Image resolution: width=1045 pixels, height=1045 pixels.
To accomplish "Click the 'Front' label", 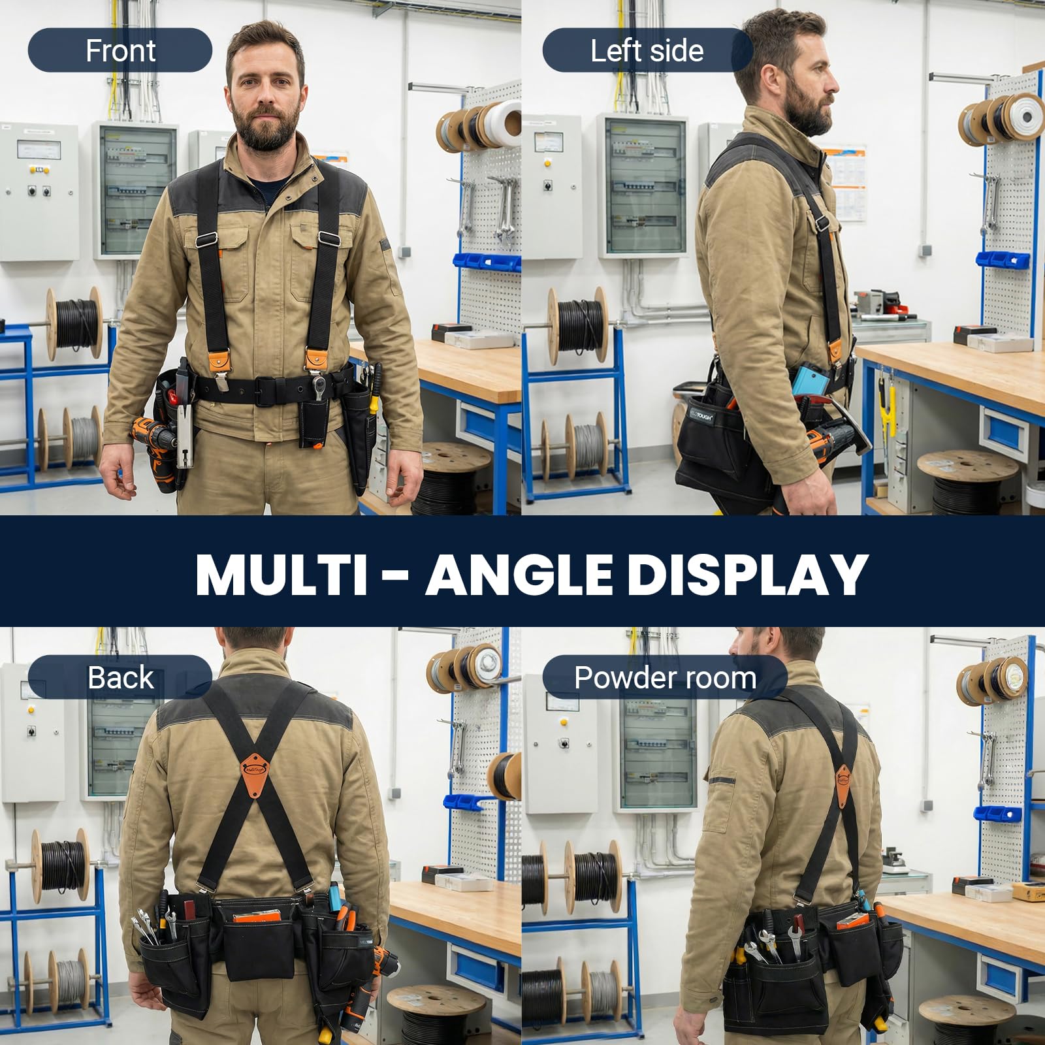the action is [x=120, y=51].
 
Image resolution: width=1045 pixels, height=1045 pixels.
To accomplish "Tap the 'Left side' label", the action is [x=647, y=51].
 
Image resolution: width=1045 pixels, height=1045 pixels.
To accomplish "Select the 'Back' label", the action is [x=120, y=677].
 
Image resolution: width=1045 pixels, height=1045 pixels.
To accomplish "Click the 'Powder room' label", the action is [x=665, y=677].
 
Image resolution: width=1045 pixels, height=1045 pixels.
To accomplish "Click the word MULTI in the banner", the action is [x=281, y=575].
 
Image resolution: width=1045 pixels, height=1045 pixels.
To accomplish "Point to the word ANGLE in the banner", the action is [x=519, y=575].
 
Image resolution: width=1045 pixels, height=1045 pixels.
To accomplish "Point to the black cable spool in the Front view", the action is [x=75, y=323].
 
